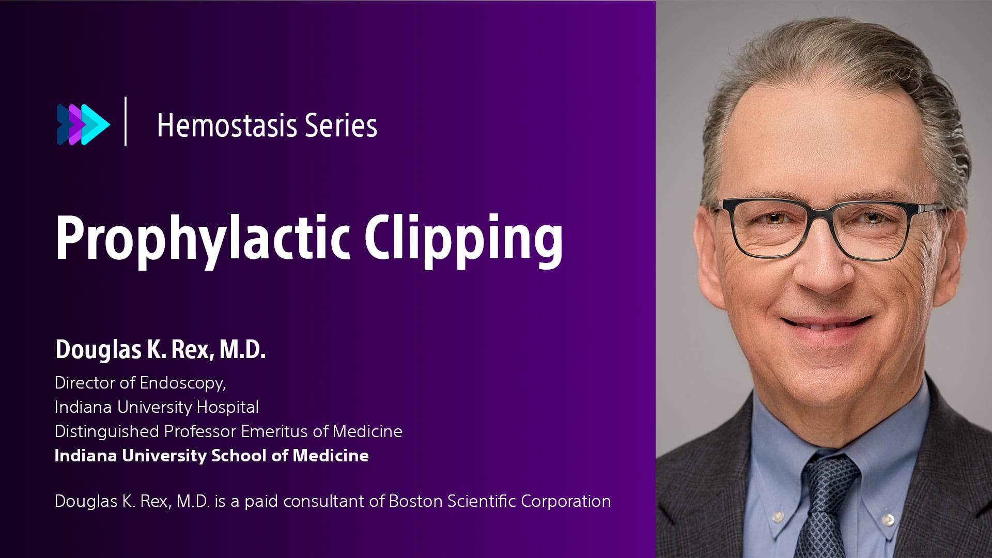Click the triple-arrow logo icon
pos(83,125)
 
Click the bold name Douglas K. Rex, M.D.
pos(160,350)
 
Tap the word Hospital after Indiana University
pos(228,407)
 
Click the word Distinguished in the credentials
pos(106,431)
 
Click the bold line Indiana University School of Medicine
pos(211,456)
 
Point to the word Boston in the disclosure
pos(415,501)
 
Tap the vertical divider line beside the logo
pos(126,121)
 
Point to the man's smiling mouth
pos(824,323)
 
